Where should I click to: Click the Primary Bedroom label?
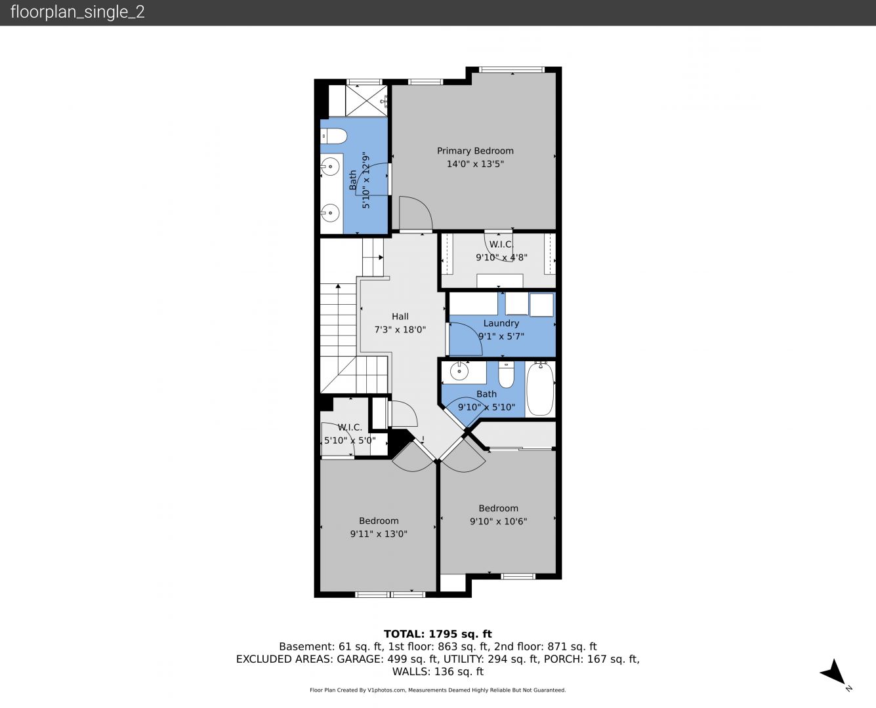point(475,151)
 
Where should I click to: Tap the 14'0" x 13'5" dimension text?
point(475,164)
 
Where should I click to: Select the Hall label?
point(400,317)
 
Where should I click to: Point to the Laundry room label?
point(501,323)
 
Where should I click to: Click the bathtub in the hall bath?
point(540,389)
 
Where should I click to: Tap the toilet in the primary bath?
point(334,136)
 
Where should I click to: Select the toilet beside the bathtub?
point(506,375)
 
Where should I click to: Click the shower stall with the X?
point(366,101)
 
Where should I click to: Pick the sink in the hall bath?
point(459,371)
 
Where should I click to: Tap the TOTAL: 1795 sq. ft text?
point(438,634)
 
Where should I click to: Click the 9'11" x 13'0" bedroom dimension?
point(379,534)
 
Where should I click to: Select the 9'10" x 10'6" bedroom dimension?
point(499,521)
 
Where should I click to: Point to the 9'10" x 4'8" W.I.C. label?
point(501,257)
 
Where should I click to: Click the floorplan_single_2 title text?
point(77,12)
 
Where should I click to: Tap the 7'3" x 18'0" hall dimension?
point(400,330)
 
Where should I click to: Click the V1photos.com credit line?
point(438,690)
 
